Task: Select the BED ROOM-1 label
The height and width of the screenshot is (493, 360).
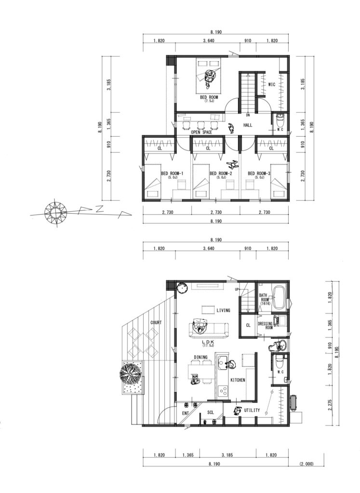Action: pos(173,173)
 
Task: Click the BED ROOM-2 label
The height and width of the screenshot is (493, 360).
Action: pos(221,173)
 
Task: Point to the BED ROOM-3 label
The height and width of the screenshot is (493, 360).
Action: pos(259,173)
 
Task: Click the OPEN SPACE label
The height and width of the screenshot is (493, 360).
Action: pos(201,132)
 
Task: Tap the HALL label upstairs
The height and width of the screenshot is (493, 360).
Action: pos(248,125)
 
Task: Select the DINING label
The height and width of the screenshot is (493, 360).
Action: pos(201,357)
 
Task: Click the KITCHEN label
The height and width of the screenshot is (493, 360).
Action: pos(238,380)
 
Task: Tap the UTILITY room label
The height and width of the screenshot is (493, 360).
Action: pos(252,411)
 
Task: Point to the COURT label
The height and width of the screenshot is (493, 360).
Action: pos(156,323)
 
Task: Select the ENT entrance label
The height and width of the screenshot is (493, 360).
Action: pos(186,413)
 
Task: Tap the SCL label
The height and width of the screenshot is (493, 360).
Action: pos(211,413)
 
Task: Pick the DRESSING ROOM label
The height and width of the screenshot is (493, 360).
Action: pos(266,325)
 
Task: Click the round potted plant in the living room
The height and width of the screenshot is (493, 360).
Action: pos(182,288)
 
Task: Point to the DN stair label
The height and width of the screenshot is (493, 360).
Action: pos(248,116)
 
